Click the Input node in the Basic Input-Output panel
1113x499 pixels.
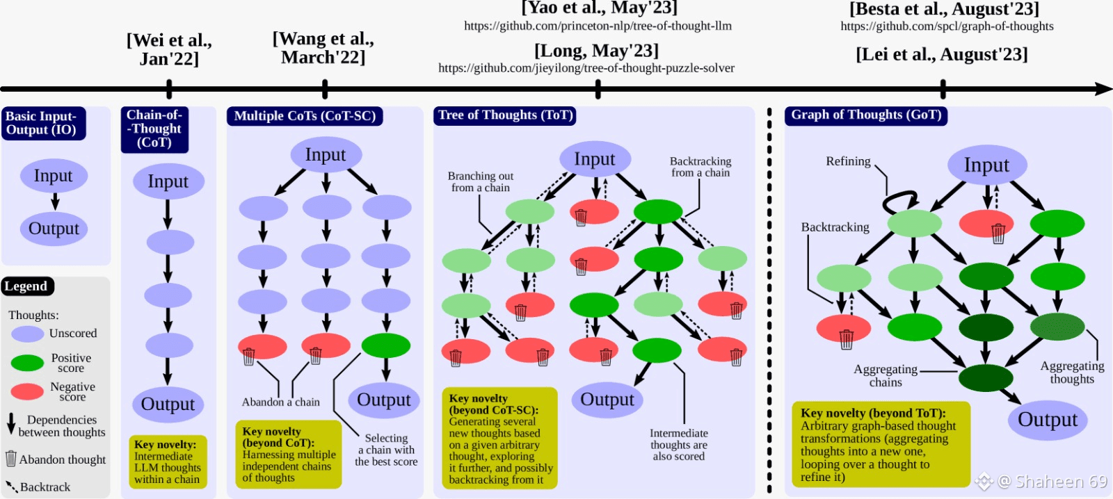tap(54, 176)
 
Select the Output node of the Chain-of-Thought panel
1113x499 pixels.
tap(168, 404)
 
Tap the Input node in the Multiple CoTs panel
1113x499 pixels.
tap(326, 154)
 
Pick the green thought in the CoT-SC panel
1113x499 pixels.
tap(386, 345)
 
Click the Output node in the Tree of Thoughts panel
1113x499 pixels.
tap(607, 400)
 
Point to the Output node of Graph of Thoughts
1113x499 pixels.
tap(1048, 420)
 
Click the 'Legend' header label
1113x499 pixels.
tap(26, 286)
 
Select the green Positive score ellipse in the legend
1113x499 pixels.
tap(28, 363)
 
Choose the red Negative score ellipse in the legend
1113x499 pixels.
tap(28, 391)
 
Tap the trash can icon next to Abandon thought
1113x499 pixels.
tap(10, 459)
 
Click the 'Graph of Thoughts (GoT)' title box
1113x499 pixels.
tap(866, 115)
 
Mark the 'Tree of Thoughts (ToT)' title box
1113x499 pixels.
tap(505, 115)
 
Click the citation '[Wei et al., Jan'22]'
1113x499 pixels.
tap(169, 49)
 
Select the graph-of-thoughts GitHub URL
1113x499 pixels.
tap(947, 26)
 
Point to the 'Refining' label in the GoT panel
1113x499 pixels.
tap(848, 161)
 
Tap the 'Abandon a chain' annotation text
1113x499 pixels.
tap(281, 402)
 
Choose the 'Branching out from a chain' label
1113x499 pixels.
tap(481, 182)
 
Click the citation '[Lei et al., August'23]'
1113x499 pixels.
tap(942, 54)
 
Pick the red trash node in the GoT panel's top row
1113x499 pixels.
tap(986, 224)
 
